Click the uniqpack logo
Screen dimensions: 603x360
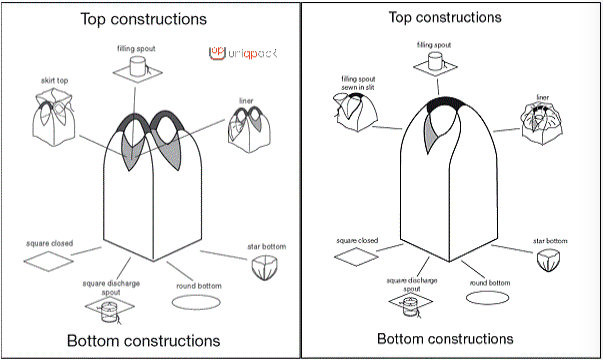tap(243, 53)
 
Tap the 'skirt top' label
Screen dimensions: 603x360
tap(54, 80)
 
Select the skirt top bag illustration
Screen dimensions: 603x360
tap(54, 117)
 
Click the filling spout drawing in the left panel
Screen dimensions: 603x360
tap(137, 69)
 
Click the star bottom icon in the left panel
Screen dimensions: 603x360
tap(265, 267)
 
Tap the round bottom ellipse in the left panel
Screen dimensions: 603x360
tap(196, 302)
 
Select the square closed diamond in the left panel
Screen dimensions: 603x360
tap(48, 261)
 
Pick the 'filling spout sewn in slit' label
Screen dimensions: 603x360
tap(358, 83)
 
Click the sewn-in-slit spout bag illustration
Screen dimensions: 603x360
tap(355, 112)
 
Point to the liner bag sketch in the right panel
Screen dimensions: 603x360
tap(542, 123)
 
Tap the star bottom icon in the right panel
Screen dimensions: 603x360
tap(548, 260)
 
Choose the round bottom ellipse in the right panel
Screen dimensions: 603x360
tap(487, 298)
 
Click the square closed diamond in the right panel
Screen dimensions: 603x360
tap(356, 257)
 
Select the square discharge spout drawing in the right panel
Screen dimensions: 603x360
tap(411, 305)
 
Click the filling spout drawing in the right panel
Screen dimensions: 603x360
tap(435, 64)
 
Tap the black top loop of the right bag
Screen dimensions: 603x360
tap(445, 103)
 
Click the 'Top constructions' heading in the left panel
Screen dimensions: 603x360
tap(143, 19)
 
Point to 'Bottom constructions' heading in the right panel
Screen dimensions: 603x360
tap(445, 338)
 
